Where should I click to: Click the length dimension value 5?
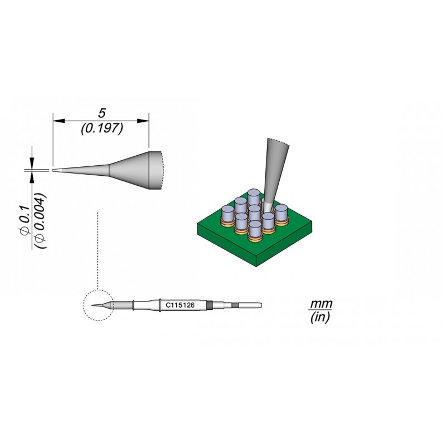click(x=102, y=113)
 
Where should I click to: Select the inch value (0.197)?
click(x=102, y=128)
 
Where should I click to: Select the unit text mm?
click(x=321, y=304)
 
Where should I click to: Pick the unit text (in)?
click(x=320, y=317)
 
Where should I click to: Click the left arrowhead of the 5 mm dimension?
click(x=59, y=121)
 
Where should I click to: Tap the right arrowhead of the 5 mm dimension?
click(x=143, y=121)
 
